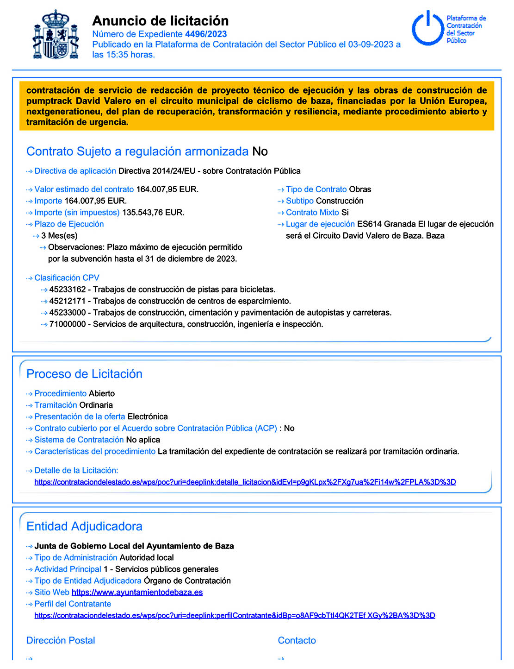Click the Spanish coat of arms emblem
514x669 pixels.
tap(56, 35)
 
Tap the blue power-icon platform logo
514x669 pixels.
tap(428, 28)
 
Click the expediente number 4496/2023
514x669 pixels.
tap(206, 34)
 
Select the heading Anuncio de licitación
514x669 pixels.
tap(161, 21)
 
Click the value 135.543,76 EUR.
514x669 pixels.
tap(153, 213)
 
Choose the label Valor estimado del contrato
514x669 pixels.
tap(84, 189)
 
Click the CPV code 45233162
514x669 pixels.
tap(68, 290)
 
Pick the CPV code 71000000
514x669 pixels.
tap(68, 324)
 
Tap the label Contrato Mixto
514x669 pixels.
tap(312, 213)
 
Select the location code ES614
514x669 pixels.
tap(369, 224)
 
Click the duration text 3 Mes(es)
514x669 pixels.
tap(59, 236)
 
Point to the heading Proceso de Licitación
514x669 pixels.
tap(84, 374)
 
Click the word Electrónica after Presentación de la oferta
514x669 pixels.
tap(148, 417)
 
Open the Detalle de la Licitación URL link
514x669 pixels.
tap(245, 482)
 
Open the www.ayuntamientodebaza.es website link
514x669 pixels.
tap(137, 593)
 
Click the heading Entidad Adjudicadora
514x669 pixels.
tap(84, 526)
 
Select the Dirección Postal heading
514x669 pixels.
tap(61, 640)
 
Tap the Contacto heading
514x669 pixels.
tap(297, 640)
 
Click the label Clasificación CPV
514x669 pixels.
tap(67, 278)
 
